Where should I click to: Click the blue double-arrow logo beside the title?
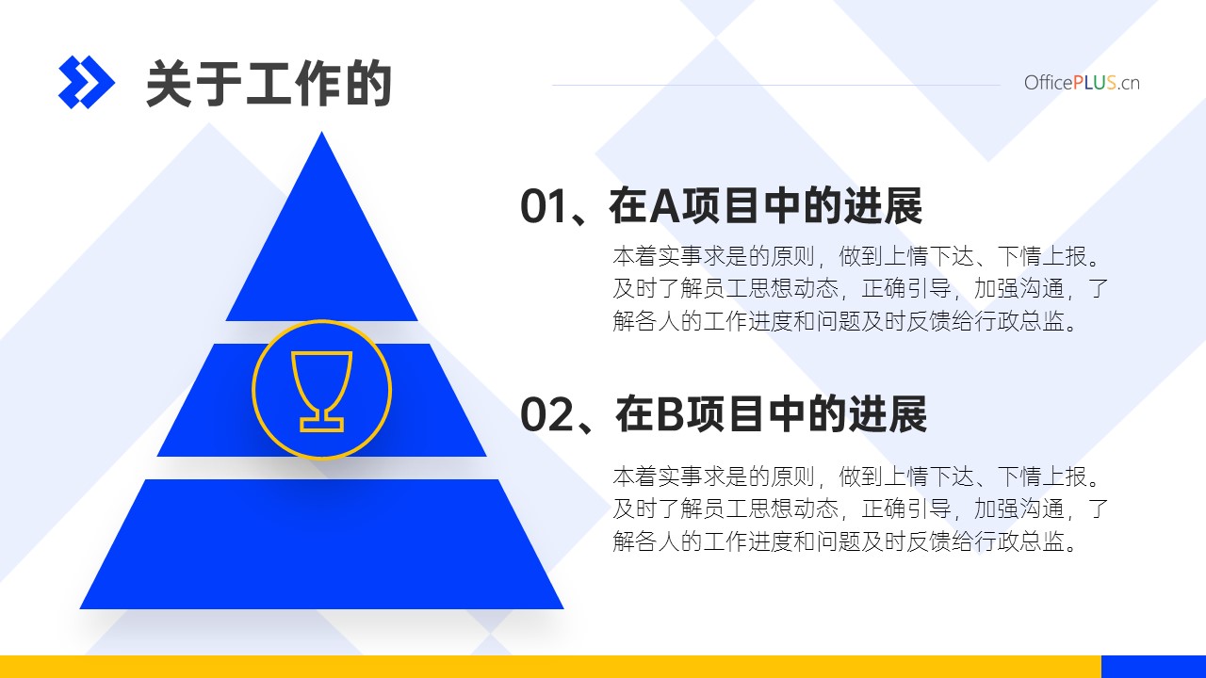click(86, 82)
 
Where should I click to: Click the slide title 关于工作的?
click(269, 84)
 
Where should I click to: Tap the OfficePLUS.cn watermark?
click(1082, 83)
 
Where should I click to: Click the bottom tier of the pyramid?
click(322, 544)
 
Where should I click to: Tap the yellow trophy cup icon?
click(322, 391)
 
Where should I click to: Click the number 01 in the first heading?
click(544, 206)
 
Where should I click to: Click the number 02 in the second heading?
click(546, 413)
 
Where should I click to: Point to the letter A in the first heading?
click(665, 206)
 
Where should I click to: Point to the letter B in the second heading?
click(670, 413)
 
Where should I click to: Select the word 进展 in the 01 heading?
click(883, 206)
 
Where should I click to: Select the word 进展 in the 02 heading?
click(888, 413)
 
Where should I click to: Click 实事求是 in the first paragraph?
click(692, 256)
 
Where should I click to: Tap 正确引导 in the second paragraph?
click(906, 509)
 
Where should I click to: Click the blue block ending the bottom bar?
click(1154, 667)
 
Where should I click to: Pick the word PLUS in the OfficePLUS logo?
click(1095, 83)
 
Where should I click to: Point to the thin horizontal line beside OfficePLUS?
click(775, 85)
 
